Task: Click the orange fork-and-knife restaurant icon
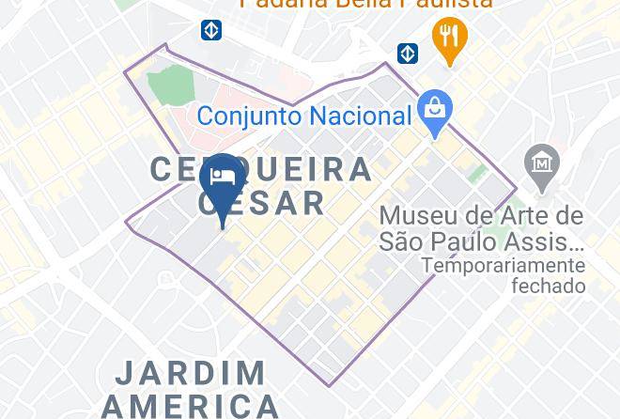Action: [450, 39]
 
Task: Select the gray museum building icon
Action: [542, 163]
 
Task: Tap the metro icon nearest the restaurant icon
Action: [407, 53]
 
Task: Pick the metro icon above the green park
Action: [211, 31]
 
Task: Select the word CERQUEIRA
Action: [261, 169]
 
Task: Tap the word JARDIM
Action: [191, 374]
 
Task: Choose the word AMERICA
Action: [191, 406]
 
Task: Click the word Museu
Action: [420, 216]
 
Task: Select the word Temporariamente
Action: [504, 266]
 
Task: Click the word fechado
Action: [548, 286]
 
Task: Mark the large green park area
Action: [171, 85]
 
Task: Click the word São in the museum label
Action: [401, 241]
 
